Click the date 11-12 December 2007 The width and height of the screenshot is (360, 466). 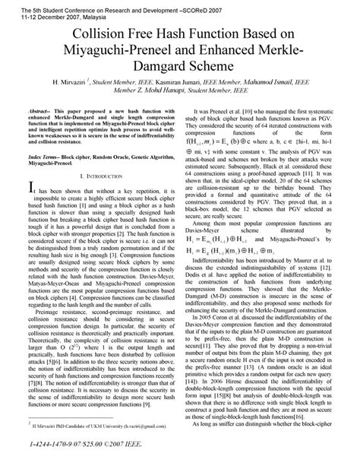(x=32, y=14)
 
